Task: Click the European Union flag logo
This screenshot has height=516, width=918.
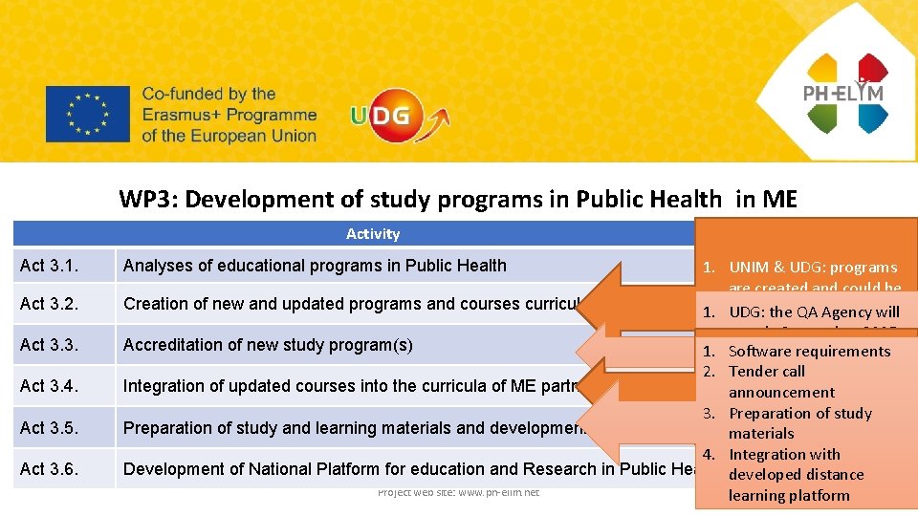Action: pyautogui.click(x=87, y=115)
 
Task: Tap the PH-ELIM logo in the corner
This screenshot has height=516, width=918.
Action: pyautogui.click(x=845, y=92)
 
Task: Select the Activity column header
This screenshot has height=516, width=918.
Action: pyautogui.click(x=373, y=234)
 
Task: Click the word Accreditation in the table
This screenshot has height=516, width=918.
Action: pyautogui.click(x=173, y=345)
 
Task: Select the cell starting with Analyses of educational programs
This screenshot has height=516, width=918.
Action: pyautogui.click(x=315, y=266)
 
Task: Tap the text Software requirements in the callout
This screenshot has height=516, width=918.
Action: pyautogui.click(x=809, y=351)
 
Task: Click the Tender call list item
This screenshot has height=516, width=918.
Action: pyautogui.click(x=767, y=372)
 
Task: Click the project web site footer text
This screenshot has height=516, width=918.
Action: pyautogui.click(x=458, y=492)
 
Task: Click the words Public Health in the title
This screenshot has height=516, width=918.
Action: pyautogui.click(x=648, y=199)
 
